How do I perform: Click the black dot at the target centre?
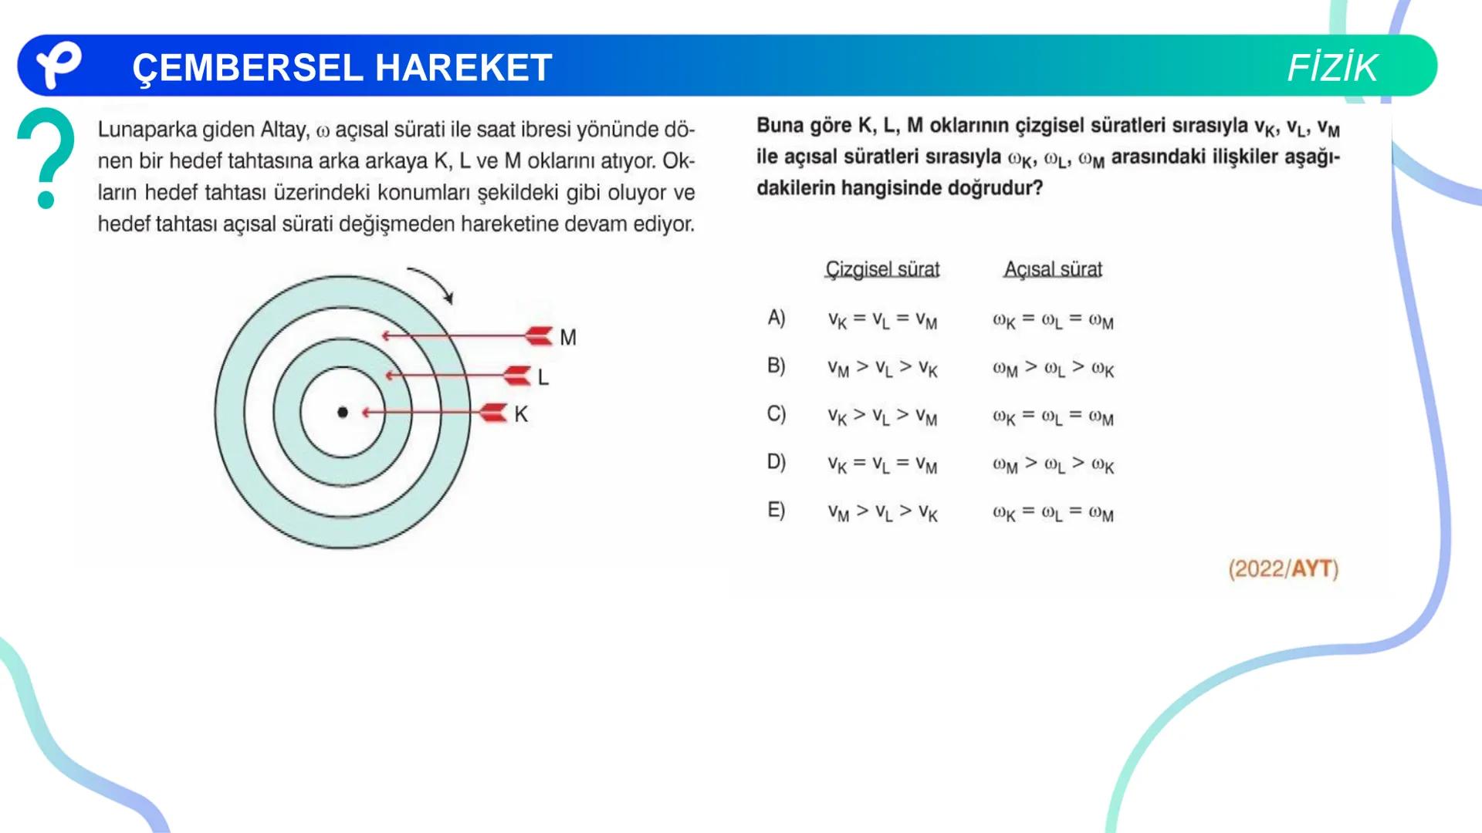(343, 413)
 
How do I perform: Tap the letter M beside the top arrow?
(568, 338)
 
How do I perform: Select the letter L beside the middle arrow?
(543, 377)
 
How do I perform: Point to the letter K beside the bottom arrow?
(521, 414)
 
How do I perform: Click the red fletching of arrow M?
(539, 336)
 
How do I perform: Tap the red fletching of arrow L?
(516, 376)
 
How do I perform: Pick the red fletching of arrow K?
(493, 413)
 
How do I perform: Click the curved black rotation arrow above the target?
(432, 283)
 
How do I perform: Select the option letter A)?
(777, 318)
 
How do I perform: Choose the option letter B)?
(777, 366)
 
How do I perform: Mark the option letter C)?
(777, 414)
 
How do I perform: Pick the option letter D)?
(777, 462)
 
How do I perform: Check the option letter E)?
(777, 510)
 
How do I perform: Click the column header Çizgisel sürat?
(882, 269)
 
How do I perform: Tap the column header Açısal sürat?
(1053, 269)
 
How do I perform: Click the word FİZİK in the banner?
(1332, 68)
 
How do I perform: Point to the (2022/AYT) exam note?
(1283, 569)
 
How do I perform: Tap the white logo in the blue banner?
(59, 65)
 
